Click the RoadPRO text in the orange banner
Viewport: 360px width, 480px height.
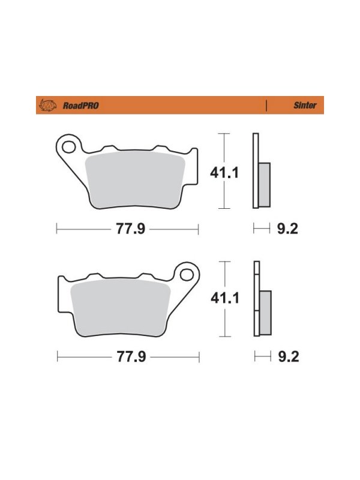pos(81,106)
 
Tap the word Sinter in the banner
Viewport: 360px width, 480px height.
pos(305,106)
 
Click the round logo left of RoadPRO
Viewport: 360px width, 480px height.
pos(47,106)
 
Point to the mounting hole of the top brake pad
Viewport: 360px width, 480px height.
pos(69,147)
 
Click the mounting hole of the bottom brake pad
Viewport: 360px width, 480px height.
pos(187,275)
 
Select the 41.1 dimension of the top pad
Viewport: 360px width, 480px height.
pos(224,173)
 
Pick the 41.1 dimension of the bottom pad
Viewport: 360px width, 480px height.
pos(225,298)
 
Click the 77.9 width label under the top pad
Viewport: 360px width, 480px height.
pos(130,229)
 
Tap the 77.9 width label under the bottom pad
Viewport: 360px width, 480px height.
pos(131,357)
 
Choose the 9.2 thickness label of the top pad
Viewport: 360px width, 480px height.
pos(287,229)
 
